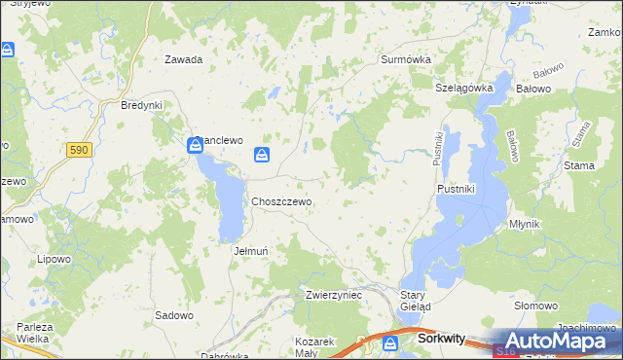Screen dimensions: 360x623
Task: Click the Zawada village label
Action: coord(183,59)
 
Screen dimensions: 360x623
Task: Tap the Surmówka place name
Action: coord(405,58)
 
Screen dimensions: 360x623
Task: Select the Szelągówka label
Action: coord(465,88)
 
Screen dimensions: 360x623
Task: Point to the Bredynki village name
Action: coord(140,105)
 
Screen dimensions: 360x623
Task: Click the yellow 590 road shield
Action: coord(80,150)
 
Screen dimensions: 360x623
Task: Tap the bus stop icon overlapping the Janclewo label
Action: coord(195,146)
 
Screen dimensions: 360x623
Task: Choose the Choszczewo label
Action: coord(281,201)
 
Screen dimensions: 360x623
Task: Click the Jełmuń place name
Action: coord(252,250)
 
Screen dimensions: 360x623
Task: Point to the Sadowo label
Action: coord(174,315)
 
